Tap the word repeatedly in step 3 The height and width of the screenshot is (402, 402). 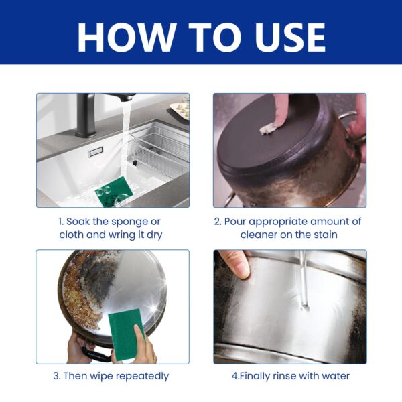pyautogui.click(x=140, y=376)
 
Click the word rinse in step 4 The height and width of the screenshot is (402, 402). pyautogui.click(x=285, y=376)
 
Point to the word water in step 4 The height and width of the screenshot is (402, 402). pyautogui.click(x=334, y=376)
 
